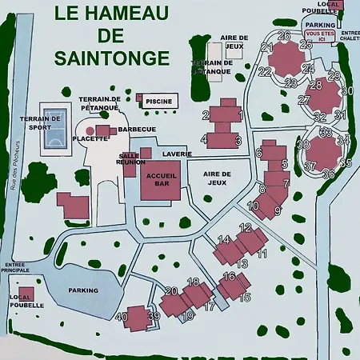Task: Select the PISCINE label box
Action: click(158, 101)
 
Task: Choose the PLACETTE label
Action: click(90, 138)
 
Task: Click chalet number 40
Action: click(122, 316)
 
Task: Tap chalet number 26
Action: click(284, 36)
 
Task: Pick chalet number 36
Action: click(327, 174)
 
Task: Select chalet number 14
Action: click(225, 239)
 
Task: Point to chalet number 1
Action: click(240, 116)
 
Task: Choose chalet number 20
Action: click(170, 291)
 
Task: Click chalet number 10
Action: click(253, 206)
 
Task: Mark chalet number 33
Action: click(324, 131)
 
